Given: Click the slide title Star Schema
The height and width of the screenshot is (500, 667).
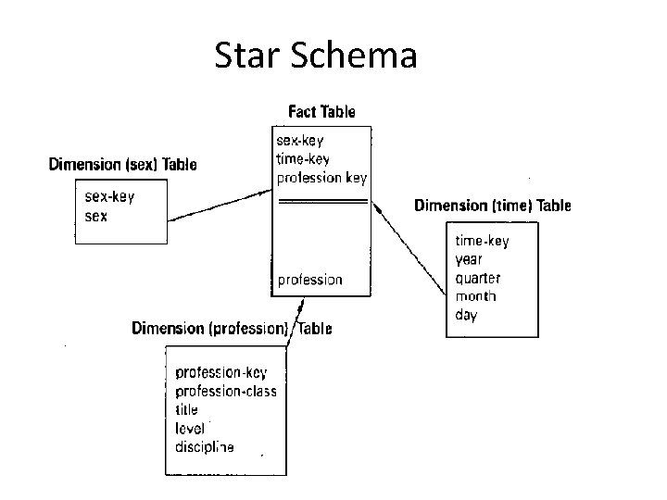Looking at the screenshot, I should pos(316,56).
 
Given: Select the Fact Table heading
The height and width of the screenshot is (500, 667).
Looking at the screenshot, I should pos(321,112).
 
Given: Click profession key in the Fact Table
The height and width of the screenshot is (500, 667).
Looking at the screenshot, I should pos(322,177).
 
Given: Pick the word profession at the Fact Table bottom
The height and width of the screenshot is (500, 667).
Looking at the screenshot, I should pos(310,279).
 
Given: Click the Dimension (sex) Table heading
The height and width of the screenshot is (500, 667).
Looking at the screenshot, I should pos(122,165).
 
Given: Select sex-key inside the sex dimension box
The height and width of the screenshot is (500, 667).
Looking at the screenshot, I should pos(109,197).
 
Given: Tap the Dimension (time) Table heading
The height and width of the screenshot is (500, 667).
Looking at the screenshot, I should pos(492,206).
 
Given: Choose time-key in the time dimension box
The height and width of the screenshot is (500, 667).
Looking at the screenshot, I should pos(482,241).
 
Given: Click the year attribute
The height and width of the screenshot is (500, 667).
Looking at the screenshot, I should pos(469,259).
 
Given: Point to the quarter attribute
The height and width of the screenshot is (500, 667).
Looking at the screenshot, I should pos(477,278).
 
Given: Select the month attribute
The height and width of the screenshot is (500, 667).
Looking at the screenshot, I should pos(475,296).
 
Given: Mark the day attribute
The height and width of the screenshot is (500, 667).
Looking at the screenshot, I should pos(465,315).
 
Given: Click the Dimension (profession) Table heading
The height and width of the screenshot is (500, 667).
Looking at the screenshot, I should pos(232,328).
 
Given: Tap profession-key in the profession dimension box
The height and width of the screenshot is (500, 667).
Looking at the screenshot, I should pos(221,372).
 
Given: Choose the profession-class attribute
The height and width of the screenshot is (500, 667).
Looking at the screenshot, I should pos(226,391).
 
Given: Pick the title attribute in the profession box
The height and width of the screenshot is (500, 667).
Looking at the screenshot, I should pos(186,409).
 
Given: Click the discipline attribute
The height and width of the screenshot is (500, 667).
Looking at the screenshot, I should pos(205,446).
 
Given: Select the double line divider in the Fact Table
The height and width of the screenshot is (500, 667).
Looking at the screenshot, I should pos(322,202).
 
